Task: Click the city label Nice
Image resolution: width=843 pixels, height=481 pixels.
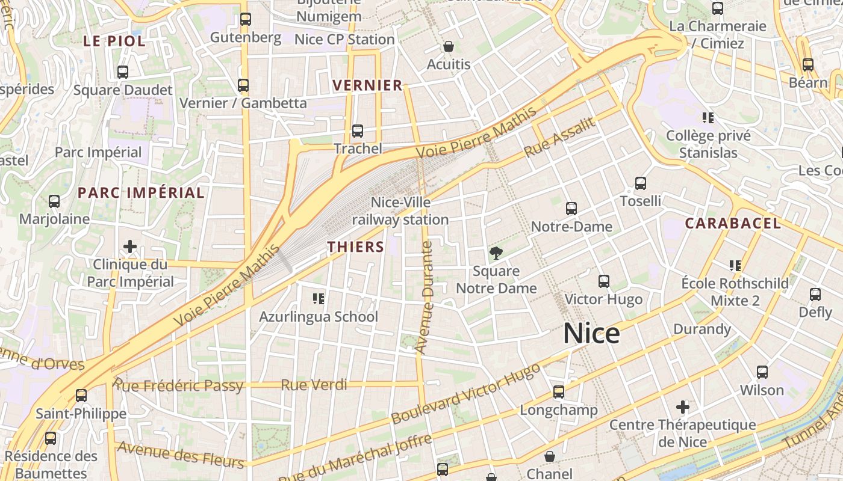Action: pos(591,334)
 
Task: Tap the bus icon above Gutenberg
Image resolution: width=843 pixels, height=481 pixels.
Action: pos(245,19)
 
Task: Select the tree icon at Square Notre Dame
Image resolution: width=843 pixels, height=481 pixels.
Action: pos(496,253)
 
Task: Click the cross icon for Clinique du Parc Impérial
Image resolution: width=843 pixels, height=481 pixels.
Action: pos(129,247)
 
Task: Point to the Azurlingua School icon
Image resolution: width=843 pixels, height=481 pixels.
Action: pos(319,298)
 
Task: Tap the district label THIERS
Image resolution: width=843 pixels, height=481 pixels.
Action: pos(355,247)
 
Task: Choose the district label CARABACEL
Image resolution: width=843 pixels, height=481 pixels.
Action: pos(733,224)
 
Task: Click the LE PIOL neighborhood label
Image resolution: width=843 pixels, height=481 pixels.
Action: pos(114,41)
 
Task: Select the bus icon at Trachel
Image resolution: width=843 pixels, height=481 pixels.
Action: pos(358,131)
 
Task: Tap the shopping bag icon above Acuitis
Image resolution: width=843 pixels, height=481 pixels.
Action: pos(448,46)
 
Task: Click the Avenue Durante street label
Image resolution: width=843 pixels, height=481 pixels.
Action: pos(425,297)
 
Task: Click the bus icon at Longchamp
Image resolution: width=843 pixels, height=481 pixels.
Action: pos(559,392)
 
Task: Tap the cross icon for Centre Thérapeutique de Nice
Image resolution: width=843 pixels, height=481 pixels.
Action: pos(682,407)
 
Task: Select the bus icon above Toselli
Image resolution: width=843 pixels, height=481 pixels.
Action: pos(641,183)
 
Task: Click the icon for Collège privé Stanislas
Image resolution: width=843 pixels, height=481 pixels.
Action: pos(708,118)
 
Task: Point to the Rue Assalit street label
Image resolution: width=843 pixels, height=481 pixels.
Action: pos(559,137)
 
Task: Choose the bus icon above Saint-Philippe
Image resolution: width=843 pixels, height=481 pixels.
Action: pos(81,396)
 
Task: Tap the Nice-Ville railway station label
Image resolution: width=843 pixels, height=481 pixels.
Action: pos(400,211)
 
